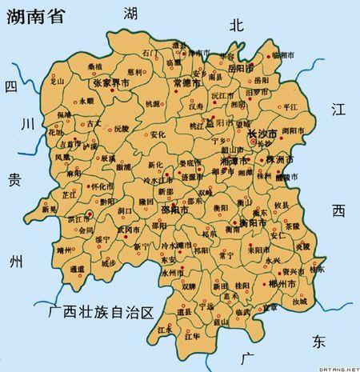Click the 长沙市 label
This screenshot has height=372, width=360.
tap(262, 133)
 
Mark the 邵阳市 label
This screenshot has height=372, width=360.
tap(174, 210)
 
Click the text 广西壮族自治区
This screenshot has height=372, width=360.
tap(100, 310)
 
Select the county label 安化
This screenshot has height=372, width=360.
tap(158, 134)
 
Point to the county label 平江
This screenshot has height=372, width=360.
tap(290, 106)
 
